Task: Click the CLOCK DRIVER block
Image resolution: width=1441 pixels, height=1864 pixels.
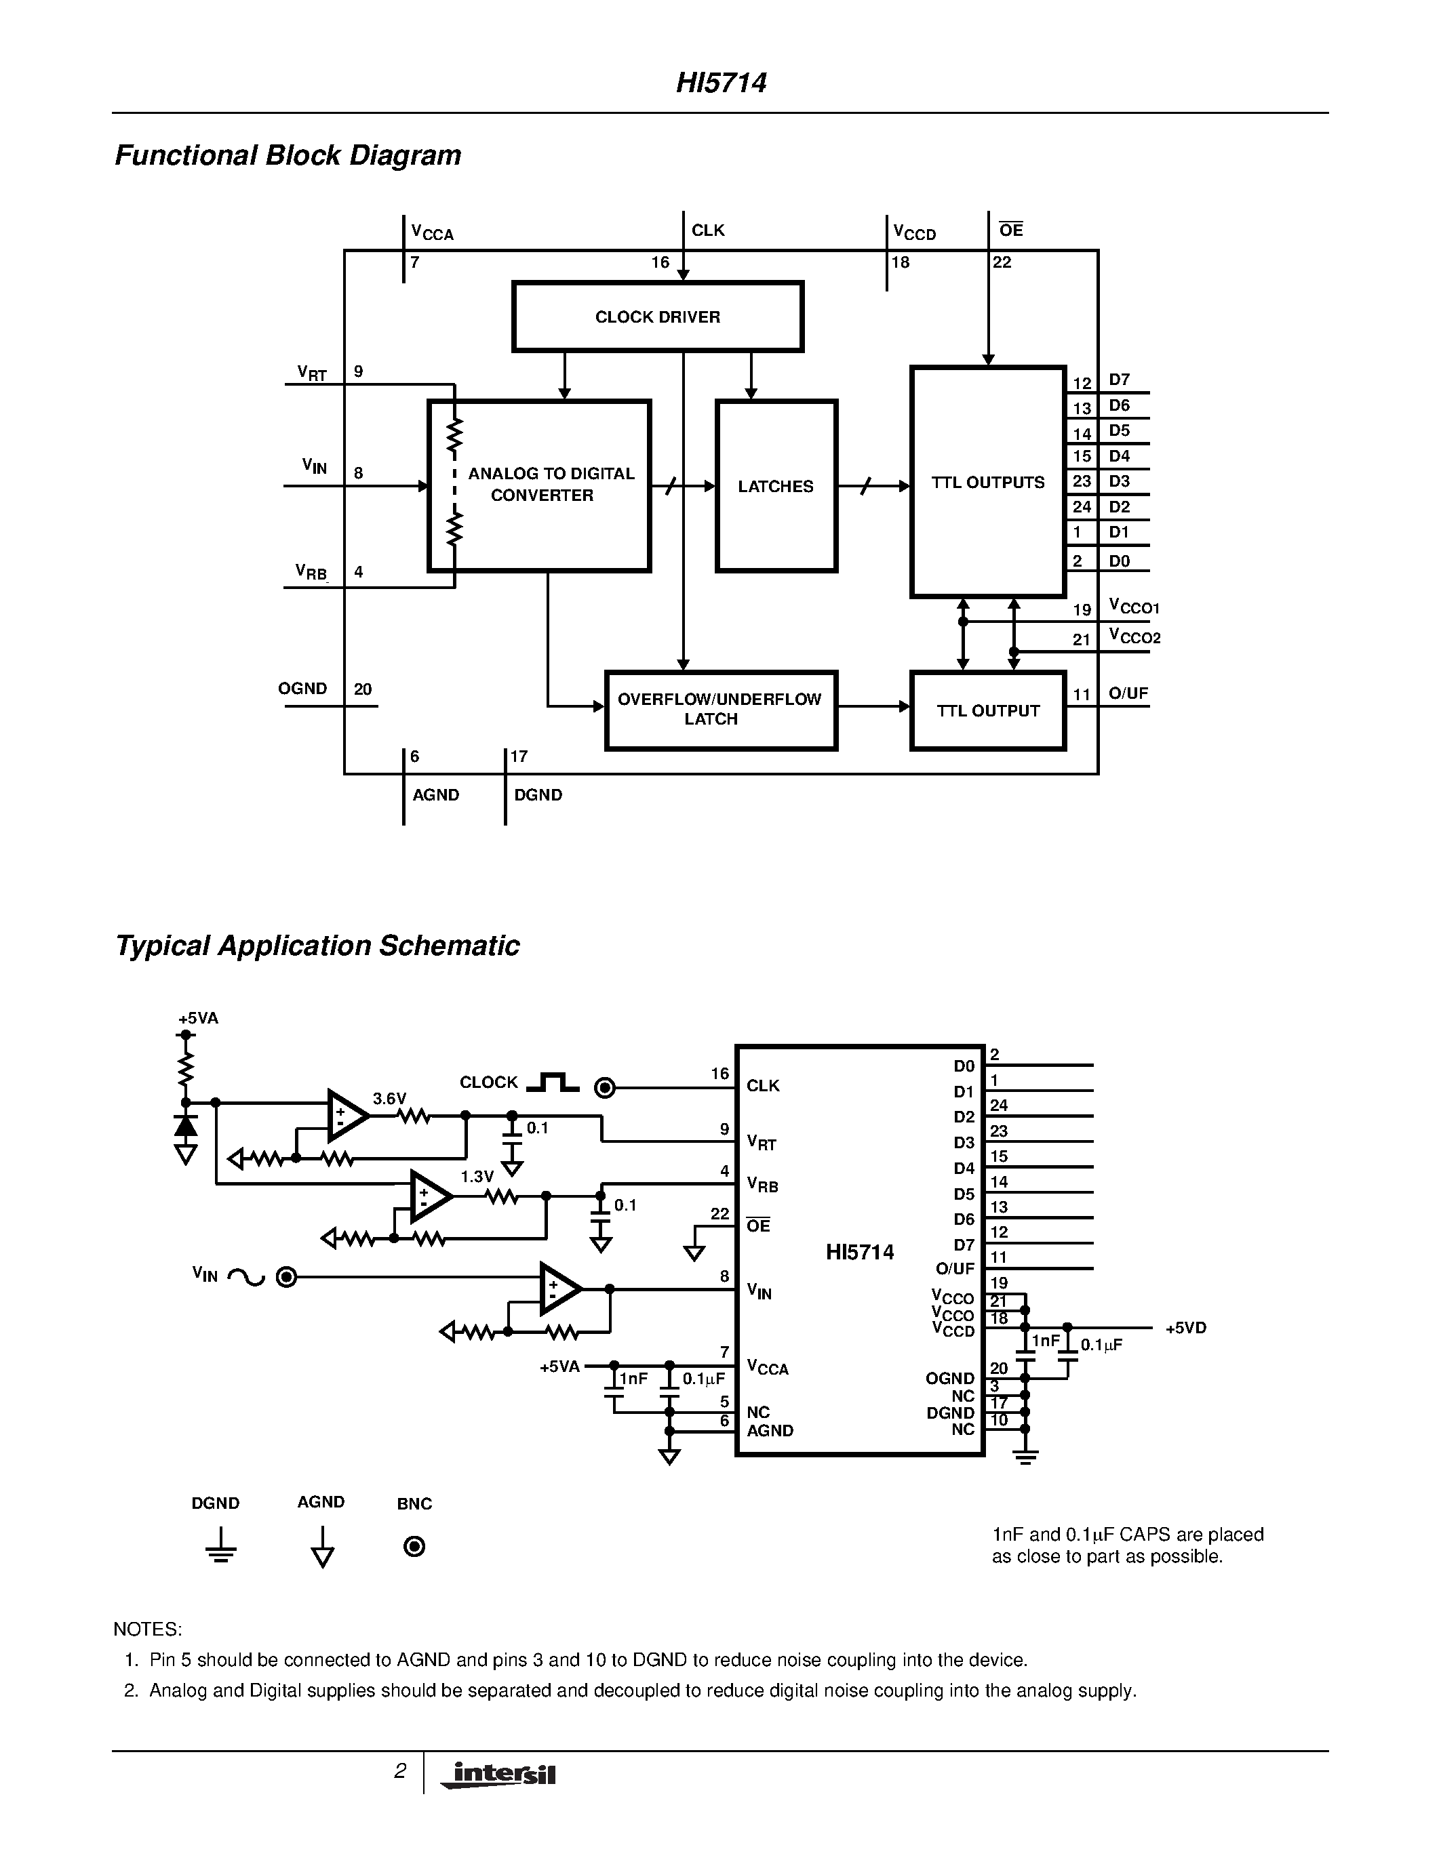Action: click(657, 317)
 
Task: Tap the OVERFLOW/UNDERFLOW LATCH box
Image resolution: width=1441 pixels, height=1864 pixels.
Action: click(719, 710)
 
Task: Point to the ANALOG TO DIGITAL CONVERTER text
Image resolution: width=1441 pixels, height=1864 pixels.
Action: click(551, 484)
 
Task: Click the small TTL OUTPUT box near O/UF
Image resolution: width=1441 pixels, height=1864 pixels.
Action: click(988, 711)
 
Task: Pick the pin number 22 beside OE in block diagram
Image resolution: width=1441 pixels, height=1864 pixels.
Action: click(1002, 263)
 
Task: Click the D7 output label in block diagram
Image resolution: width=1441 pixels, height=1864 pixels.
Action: click(1119, 380)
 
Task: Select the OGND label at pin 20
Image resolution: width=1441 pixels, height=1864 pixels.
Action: click(302, 689)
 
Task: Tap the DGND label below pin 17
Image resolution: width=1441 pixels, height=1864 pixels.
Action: click(538, 794)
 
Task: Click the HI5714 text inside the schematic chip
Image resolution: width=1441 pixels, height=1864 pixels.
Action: click(860, 1252)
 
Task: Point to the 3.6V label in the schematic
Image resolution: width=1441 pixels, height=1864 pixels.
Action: click(389, 1099)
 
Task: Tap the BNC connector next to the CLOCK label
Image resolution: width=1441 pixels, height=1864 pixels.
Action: click(604, 1088)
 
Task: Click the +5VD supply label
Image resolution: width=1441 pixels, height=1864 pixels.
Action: click(1186, 1328)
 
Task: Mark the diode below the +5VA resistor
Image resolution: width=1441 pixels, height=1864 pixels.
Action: click(185, 1126)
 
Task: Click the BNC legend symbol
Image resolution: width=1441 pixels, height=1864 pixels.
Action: click(414, 1547)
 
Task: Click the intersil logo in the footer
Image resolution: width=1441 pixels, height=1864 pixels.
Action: click(498, 1775)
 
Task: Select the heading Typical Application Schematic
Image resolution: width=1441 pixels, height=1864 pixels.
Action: click(317, 946)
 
